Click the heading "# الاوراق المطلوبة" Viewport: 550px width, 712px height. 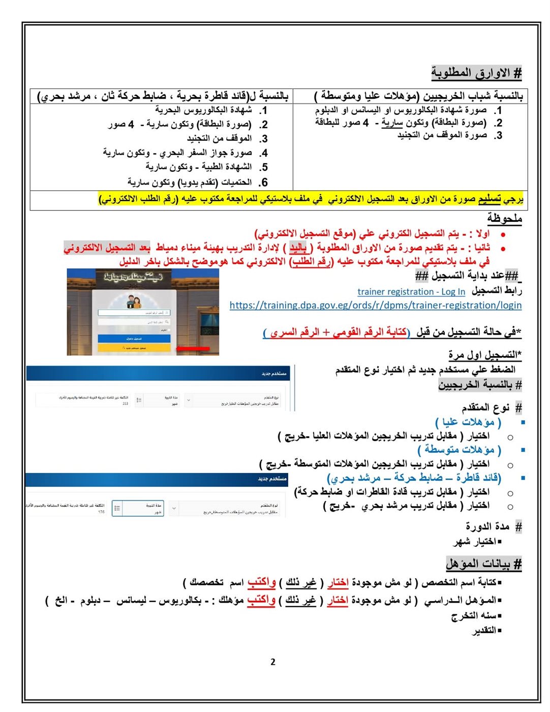pos(476,73)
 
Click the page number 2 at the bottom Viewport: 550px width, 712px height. pos(273,662)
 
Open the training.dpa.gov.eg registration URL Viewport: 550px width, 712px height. pos(375,305)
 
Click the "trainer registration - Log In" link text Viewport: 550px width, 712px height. pos(411,291)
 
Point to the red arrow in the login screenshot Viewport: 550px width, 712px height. pos(193,348)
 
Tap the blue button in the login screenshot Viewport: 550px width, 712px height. pos(134,338)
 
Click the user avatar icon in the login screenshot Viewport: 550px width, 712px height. pos(134,302)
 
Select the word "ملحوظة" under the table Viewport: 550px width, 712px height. pos(504,218)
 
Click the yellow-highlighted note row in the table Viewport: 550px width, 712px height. pos(311,199)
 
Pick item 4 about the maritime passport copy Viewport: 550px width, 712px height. pos(177,153)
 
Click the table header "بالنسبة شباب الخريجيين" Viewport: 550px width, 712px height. pos(418,96)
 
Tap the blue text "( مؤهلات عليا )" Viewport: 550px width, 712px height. pos(468,422)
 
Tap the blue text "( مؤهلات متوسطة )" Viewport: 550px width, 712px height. pos(459,450)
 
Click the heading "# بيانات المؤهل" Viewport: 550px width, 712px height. pos(483,563)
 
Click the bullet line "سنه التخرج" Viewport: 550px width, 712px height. pos(476,616)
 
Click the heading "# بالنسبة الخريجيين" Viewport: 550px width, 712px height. pos(480,385)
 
